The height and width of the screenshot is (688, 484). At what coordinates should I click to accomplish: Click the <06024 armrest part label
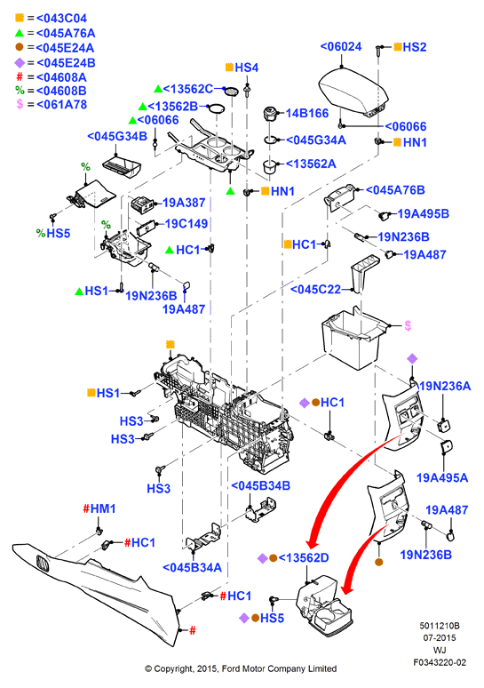[x=341, y=46]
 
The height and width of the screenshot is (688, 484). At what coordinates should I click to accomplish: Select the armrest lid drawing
[x=353, y=92]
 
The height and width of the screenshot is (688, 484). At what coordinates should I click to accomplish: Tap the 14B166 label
[x=307, y=113]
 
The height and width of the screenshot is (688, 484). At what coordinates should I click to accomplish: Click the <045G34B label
[x=117, y=136]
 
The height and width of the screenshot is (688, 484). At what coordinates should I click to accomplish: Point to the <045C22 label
[x=315, y=290]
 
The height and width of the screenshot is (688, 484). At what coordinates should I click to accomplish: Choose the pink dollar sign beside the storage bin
[x=408, y=325]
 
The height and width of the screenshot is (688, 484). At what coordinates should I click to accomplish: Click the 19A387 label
[x=184, y=203]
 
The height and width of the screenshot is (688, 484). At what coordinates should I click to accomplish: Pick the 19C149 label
[x=186, y=224]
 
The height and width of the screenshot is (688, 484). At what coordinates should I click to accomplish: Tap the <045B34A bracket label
[x=193, y=567]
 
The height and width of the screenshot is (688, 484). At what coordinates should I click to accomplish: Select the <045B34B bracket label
[x=260, y=485]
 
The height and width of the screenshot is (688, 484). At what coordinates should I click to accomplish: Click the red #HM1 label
[x=99, y=508]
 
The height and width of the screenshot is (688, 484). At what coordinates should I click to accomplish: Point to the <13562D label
[x=304, y=557]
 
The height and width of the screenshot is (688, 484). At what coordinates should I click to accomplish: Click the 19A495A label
[x=442, y=478]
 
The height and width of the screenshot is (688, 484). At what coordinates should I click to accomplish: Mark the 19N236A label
[x=446, y=386]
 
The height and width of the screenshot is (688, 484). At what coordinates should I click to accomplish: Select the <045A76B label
[x=395, y=190]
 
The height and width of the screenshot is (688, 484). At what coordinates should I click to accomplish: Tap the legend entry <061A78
[x=62, y=104]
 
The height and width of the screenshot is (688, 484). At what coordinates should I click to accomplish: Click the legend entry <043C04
[x=62, y=19]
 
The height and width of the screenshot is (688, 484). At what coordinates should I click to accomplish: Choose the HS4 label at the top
[x=246, y=68]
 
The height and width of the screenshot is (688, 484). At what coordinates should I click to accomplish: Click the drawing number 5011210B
[x=440, y=626]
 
